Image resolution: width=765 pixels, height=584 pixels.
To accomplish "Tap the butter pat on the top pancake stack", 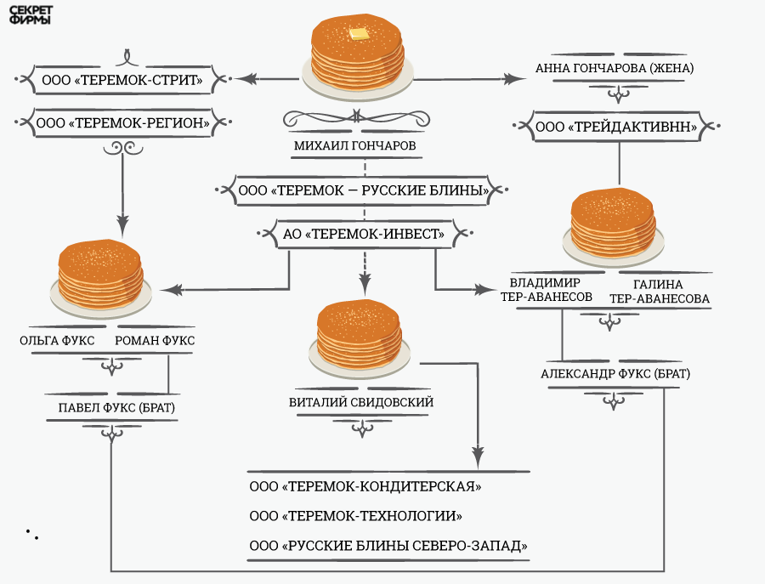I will coord(360,34).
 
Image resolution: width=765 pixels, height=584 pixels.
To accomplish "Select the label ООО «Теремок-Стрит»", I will coord(121,81).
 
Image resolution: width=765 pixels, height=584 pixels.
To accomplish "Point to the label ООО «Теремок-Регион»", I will coord(124,123).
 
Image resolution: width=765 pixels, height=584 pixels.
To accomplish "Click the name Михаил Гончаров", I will coord(355,145).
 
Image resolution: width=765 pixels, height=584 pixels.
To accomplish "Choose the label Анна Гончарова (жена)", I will coord(615,68).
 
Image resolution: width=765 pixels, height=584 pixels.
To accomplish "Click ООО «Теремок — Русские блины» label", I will coord(364,190).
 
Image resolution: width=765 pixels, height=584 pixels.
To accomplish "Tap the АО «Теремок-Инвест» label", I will coord(364,233).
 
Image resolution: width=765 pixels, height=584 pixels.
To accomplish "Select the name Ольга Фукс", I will coord(51,341).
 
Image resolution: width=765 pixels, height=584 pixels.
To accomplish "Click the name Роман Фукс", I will coord(155,341).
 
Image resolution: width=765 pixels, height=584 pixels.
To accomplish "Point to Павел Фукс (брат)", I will coord(116,408).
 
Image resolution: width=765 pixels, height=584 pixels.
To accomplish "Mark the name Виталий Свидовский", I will coord(361,402).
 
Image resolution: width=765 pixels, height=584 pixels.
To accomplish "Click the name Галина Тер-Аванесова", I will coord(660,291).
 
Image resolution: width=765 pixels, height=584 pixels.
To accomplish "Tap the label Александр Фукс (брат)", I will coord(615,374).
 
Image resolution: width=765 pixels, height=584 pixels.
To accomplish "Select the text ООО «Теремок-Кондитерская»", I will coord(365,487).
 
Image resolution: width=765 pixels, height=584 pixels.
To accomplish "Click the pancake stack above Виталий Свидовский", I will coord(363,336).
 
